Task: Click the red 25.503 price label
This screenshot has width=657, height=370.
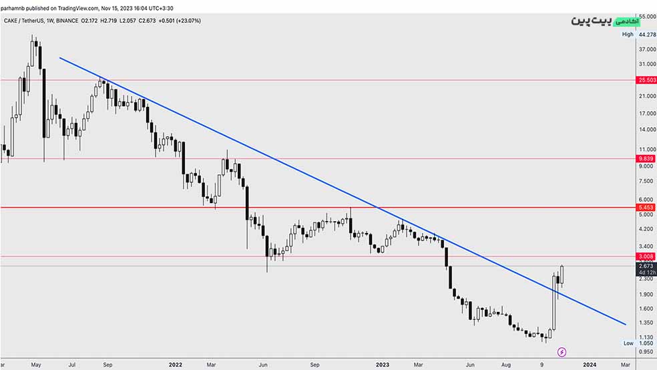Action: [x=646, y=80]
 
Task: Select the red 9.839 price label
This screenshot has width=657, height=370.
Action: [x=646, y=158]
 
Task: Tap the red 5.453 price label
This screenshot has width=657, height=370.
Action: [x=646, y=208]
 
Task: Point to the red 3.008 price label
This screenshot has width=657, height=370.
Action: [x=646, y=256]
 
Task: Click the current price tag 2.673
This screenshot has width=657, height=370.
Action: [x=646, y=266]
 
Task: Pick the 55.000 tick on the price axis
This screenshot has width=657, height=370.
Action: [x=646, y=16]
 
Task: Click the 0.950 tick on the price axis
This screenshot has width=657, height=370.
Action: [x=646, y=352]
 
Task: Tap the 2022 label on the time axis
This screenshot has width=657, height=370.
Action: [x=176, y=365]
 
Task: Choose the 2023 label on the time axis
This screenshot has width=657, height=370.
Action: [x=383, y=365]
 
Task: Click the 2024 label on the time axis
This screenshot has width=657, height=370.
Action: [x=590, y=365]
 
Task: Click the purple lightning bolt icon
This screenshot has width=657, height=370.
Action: [x=562, y=352]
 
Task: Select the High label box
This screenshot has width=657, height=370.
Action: [x=628, y=34]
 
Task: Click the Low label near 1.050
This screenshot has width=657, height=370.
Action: [x=628, y=343]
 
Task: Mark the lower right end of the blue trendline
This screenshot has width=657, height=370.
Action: [x=626, y=324]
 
